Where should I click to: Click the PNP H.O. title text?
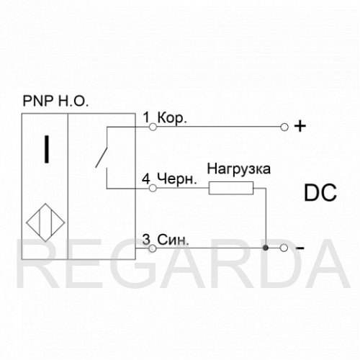click(x=55, y=101)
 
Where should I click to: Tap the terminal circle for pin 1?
click(x=153, y=127)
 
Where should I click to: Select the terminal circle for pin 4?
click(x=153, y=188)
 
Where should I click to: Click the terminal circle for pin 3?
click(x=153, y=248)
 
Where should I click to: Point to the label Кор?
click(x=172, y=118)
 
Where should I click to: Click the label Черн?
click(x=177, y=179)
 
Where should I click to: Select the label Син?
click(x=173, y=240)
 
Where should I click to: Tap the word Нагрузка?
click(x=239, y=168)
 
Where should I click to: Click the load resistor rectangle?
click(x=231, y=188)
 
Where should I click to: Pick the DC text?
click(x=320, y=193)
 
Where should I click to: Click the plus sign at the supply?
click(x=300, y=126)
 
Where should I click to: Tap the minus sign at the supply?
click(x=300, y=248)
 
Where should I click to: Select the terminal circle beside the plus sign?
click(x=284, y=127)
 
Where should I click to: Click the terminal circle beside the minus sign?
click(x=284, y=248)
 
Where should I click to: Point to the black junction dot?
click(x=266, y=248)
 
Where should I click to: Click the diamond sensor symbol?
click(x=45, y=222)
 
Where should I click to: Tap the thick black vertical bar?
click(x=47, y=149)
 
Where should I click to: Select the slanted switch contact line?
click(x=101, y=157)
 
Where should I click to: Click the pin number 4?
click(x=146, y=179)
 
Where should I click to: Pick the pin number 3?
click(x=146, y=240)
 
